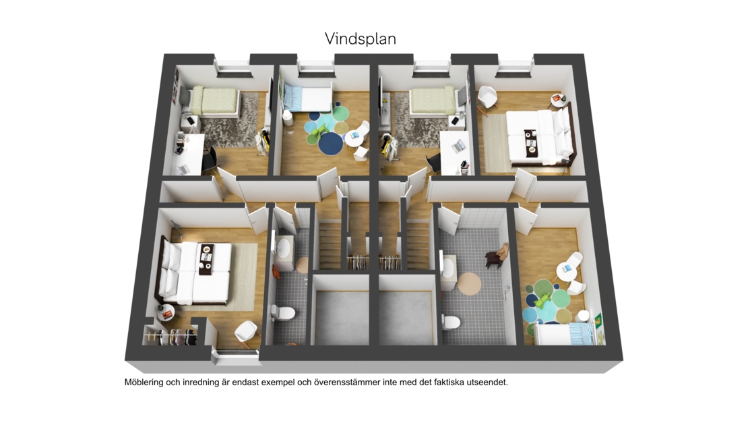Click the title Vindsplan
(x=361, y=38)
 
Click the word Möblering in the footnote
(x=144, y=382)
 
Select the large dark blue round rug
(x=331, y=144)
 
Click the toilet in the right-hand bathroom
(x=451, y=321)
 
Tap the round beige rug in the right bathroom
(x=470, y=284)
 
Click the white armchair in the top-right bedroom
(x=487, y=98)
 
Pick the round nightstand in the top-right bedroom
(x=558, y=101)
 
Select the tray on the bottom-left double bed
(x=206, y=259)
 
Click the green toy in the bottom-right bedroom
(x=543, y=300)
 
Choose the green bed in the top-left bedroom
(x=214, y=102)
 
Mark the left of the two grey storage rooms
(x=342, y=317)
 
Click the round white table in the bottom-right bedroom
(x=566, y=271)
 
